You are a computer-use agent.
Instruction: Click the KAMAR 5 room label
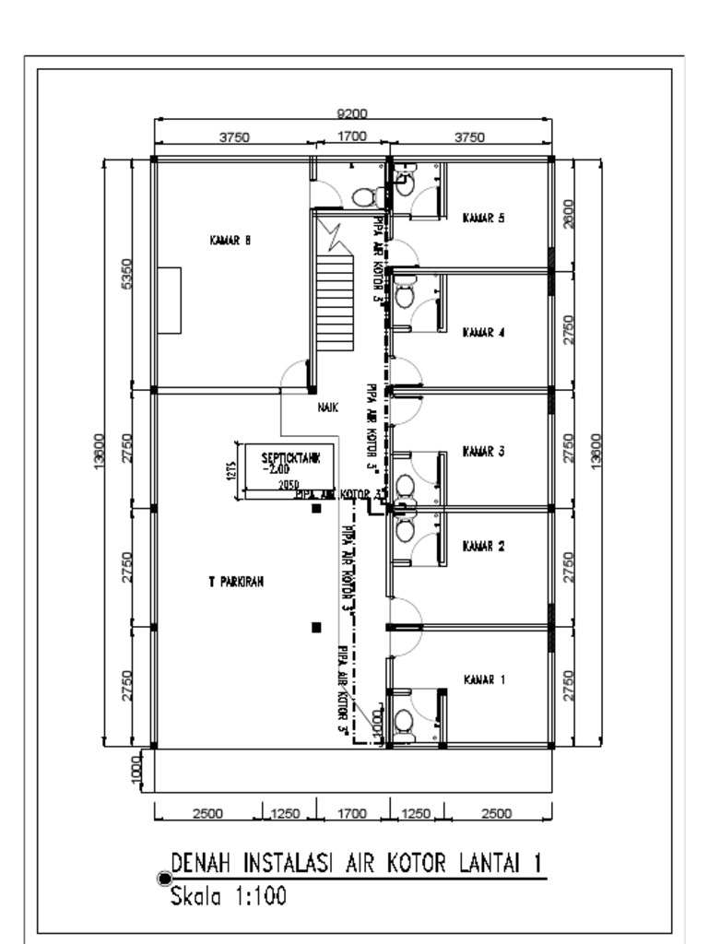point(483,218)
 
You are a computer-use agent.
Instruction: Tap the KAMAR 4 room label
point(483,333)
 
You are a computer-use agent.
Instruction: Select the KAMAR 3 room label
point(483,452)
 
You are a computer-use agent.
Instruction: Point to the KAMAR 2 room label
point(483,546)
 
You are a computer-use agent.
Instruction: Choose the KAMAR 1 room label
point(483,679)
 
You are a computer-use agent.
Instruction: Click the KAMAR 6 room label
point(230,241)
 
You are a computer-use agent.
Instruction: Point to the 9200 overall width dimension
point(352,113)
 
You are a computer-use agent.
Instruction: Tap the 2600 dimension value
point(568,213)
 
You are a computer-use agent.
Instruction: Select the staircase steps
point(336,289)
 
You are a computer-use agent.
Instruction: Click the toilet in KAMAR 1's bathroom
point(404,720)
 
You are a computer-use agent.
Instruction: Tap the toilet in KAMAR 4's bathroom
point(404,297)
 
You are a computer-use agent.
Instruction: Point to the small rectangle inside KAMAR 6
point(169,301)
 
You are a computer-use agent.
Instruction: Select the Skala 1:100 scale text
point(226,894)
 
